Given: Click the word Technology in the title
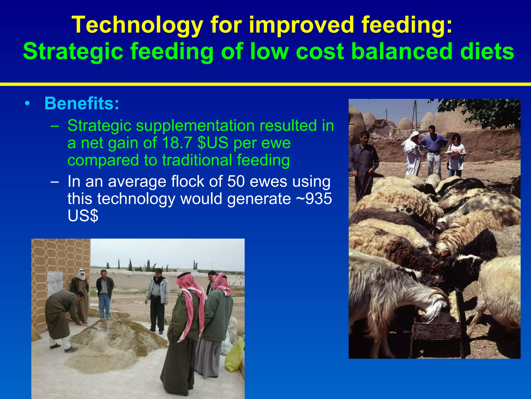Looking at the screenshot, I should pos(137,25).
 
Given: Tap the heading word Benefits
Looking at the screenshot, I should pos(82,103).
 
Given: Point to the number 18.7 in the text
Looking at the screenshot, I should pos(177,143).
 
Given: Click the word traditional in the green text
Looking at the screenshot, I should pos(197,160).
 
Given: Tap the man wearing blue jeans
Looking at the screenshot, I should pos(105,294).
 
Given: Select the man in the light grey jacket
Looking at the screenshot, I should pos(158,299).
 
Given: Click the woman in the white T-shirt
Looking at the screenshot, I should pos(456,155).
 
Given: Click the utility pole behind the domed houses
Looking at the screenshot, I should pos(415,114).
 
